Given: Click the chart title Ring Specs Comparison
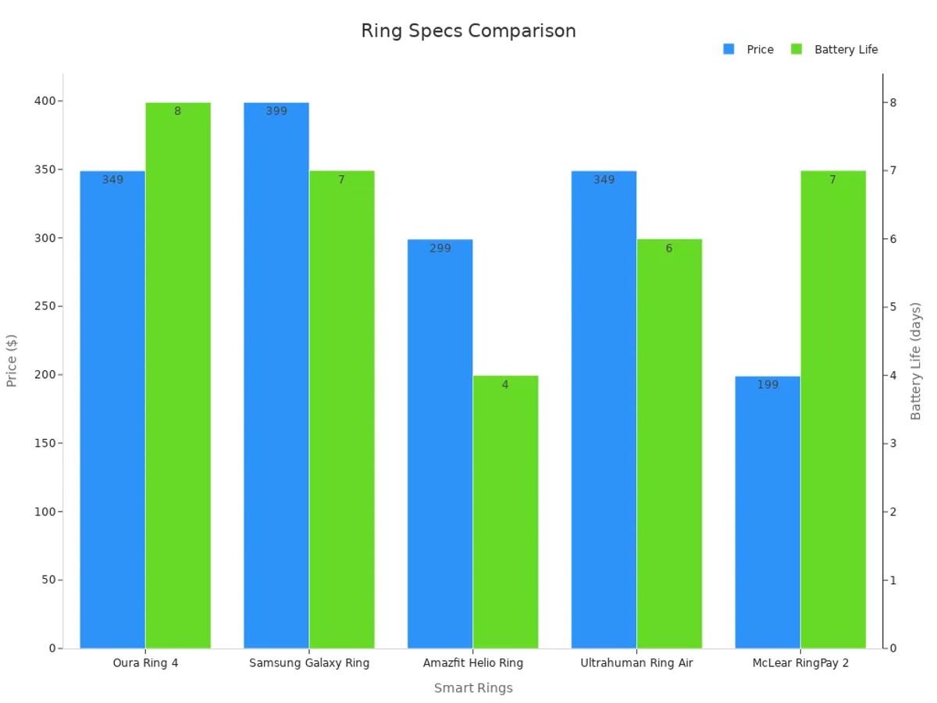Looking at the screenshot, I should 468,31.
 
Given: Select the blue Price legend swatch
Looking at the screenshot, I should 729,49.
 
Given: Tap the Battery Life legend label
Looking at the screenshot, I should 846,49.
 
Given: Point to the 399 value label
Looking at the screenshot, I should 276,111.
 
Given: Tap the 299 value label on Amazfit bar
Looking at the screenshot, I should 440,248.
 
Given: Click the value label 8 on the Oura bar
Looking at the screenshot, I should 177,111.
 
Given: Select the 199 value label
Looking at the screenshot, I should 768,385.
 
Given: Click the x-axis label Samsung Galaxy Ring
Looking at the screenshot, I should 309,663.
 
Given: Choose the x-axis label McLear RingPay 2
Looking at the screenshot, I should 800,663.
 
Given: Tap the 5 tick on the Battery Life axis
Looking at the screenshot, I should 892,306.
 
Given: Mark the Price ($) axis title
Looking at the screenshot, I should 12,361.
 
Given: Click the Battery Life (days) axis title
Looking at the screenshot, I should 917,361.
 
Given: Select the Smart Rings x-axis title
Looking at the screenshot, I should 473,688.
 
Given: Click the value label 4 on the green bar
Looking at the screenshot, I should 505,385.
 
